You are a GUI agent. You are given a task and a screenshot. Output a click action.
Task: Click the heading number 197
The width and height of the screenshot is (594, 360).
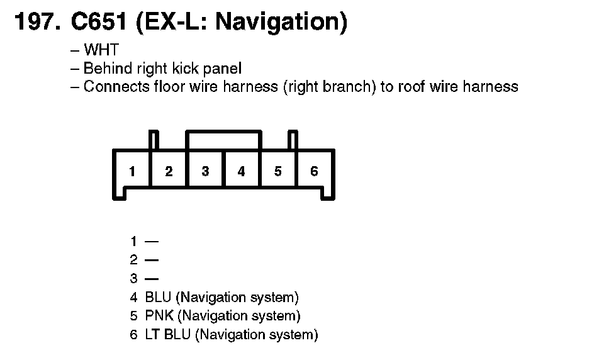pos(37,22)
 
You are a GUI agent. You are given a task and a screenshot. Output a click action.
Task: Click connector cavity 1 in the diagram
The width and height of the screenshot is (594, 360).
pos(132,171)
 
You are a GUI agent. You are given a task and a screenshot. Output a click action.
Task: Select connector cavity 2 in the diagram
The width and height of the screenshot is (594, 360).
pos(169,171)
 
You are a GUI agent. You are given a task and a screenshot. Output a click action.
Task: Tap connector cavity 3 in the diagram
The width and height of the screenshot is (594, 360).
pos(205,171)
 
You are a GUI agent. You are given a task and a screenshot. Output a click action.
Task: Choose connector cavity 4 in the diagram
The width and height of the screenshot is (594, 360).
pos(242,171)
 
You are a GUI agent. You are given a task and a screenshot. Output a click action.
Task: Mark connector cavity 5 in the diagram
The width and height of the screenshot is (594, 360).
pos(278,171)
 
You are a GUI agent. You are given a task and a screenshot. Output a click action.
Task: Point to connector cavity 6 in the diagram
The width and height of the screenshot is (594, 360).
pos(315,171)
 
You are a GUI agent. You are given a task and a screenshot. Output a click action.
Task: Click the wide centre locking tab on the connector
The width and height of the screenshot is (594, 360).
pos(223,140)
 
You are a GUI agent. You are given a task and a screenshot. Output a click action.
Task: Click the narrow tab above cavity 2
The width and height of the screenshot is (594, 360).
pos(154,140)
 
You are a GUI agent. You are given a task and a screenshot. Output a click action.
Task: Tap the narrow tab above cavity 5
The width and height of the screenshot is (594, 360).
pos(292,140)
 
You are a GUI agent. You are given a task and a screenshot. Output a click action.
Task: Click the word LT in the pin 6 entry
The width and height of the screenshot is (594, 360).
pos(152,334)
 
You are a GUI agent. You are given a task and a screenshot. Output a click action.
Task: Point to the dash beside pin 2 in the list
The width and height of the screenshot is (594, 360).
pos(152,259)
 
